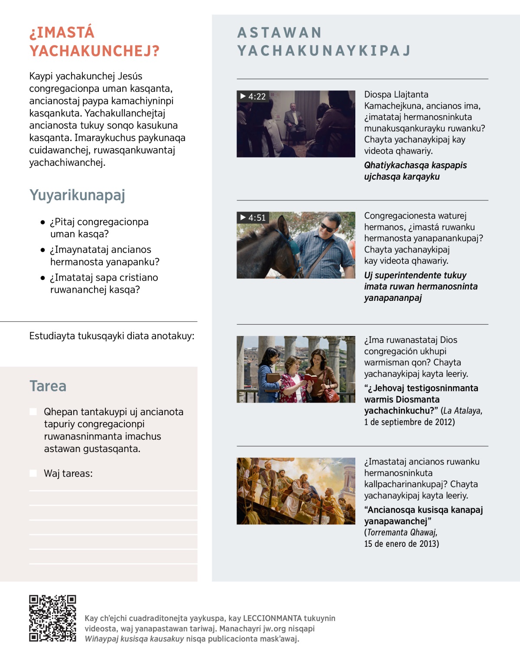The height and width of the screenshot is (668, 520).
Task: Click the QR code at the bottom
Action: tap(52, 618)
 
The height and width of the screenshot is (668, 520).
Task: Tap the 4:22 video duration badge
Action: tap(253, 97)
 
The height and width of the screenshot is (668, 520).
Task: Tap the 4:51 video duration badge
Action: tap(253, 218)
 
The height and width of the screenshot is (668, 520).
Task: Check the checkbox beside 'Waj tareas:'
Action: tap(33, 473)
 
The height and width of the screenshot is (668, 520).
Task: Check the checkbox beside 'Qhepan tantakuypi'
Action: tap(33, 412)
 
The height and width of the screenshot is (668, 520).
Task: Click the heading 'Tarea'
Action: tap(48, 386)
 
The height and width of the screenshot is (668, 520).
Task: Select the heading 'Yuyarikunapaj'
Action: tap(77, 195)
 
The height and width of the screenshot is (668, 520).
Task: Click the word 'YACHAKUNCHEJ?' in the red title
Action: tap(94, 51)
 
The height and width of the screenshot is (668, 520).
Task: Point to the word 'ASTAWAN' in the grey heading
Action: tap(279, 33)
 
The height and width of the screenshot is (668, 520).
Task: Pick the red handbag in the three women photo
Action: tap(331, 395)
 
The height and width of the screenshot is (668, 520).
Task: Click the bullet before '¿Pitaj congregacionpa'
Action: tap(42, 223)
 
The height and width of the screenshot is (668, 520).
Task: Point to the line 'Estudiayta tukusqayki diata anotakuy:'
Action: tap(111, 336)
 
